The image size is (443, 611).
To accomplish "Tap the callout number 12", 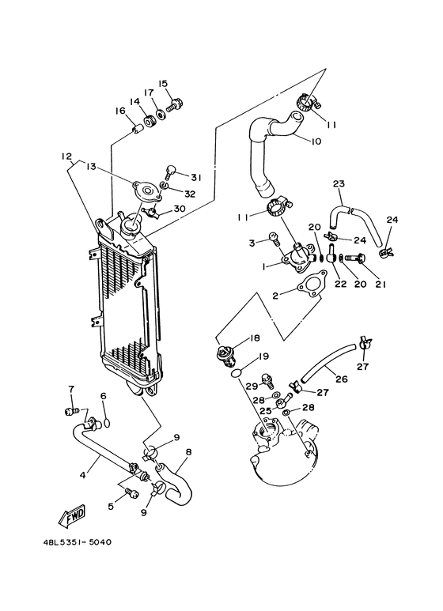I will (x=67, y=157).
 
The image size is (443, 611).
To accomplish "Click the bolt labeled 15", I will (x=176, y=103).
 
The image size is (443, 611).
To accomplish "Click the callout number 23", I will (x=339, y=184).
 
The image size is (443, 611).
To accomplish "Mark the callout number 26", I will (x=342, y=379).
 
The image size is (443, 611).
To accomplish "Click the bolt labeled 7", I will (x=70, y=410).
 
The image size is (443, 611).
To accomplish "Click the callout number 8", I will (x=188, y=454).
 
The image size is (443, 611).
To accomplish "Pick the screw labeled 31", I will (x=170, y=168).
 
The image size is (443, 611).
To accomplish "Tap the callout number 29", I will (x=252, y=386).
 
